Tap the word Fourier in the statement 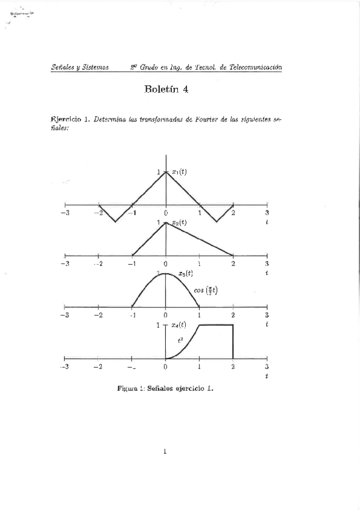pyautogui.click(x=204, y=119)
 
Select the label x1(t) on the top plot pyautogui.click(x=178, y=173)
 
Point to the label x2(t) pyautogui.click(x=179, y=223)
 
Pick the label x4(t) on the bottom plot pyautogui.click(x=179, y=325)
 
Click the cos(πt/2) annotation pyautogui.click(x=206, y=291)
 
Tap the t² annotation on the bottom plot pyautogui.click(x=180, y=340)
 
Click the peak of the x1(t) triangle pyautogui.click(x=166, y=173)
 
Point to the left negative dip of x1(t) pyautogui.click(x=115, y=221)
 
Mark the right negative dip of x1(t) pyautogui.click(x=216, y=221)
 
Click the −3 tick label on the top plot pyautogui.click(x=65, y=213)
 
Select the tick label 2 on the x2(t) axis pyautogui.click(x=233, y=264)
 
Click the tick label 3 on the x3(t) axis pyautogui.click(x=266, y=315)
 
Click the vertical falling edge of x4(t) pyautogui.click(x=233, y=342)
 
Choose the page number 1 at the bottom pyautogui.click(x=165, y=452)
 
